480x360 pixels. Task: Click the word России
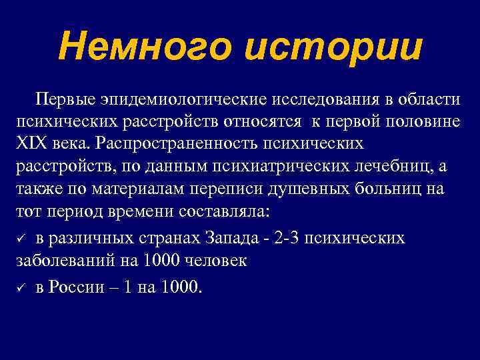click(x=76, y=288)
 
